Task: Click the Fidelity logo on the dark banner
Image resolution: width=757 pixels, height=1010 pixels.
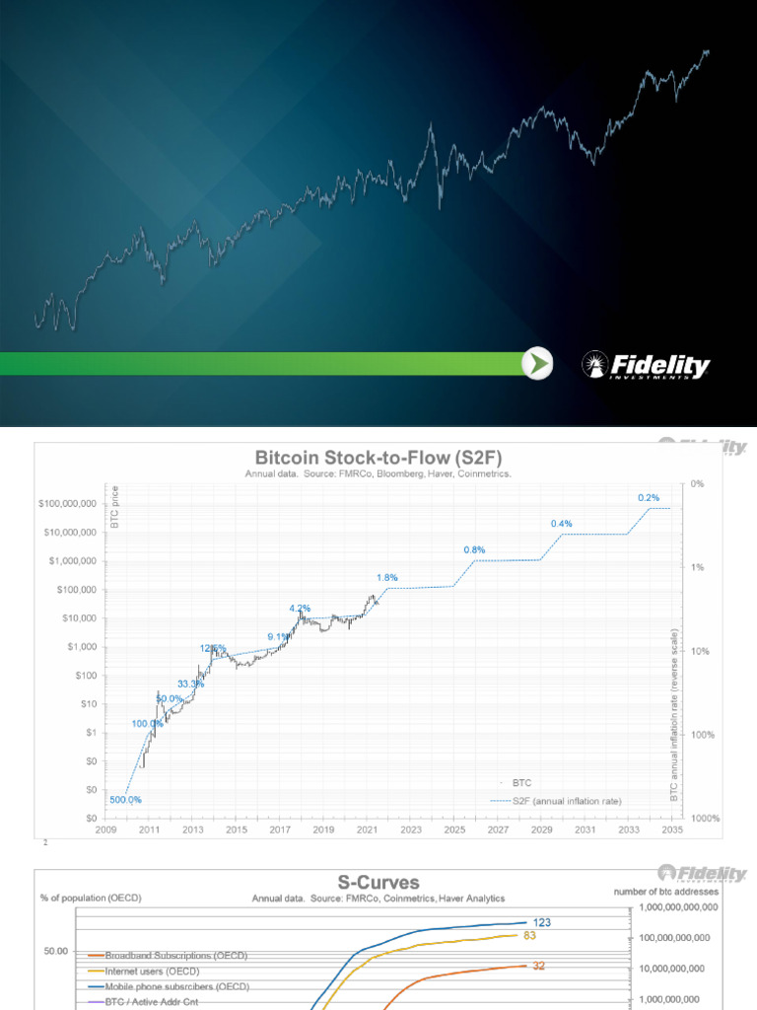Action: click(x=646, y=366)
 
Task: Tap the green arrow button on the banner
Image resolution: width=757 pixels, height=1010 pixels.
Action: click(x=536, y=364)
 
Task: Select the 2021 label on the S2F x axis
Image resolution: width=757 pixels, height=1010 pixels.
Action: click(x=368, y=830)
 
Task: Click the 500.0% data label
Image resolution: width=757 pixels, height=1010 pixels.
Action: click(x=125, y=799)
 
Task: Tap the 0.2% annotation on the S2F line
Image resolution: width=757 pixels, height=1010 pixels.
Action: click(x=648, y=498)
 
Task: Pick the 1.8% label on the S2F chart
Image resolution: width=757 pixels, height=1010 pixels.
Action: click(x=387, y=577)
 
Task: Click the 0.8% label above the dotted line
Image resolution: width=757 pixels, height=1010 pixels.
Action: click(x=474, y=549)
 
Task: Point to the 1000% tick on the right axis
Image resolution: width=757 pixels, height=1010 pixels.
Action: click(x=704, y=819)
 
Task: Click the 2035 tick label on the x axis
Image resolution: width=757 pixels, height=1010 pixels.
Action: click(x=672, y=830)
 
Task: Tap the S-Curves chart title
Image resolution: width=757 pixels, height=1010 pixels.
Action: click(x=378, y=882)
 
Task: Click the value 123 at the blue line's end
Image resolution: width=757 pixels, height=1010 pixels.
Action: click(x=542, y=921)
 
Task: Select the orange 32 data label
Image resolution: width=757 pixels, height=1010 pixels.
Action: click(x=539, y=967)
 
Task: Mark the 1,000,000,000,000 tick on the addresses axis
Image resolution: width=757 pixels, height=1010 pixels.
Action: click(x=688, y=906)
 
